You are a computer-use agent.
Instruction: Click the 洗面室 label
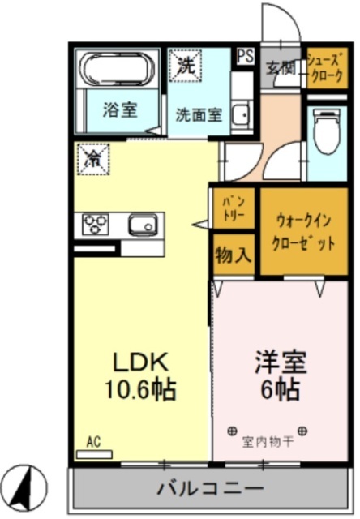199,115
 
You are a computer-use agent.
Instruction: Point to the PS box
243,56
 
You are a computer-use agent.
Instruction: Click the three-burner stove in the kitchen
96,223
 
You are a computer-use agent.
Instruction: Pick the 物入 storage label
234,255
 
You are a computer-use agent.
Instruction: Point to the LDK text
139,361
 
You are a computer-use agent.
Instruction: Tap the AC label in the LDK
94,443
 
